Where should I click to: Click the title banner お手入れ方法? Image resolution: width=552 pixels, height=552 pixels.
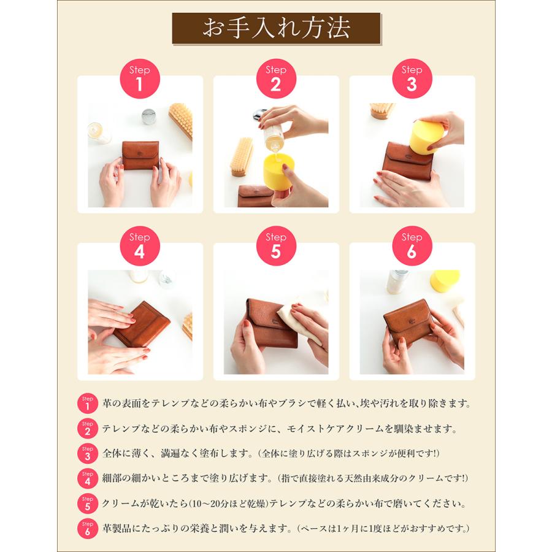(x=276, y=29)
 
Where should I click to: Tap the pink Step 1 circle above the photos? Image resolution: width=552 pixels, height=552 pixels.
(x=139, y=79)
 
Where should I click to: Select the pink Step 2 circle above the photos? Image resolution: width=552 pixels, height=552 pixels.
(x=275, y=79)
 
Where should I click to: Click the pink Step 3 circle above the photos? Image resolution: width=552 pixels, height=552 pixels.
(x=411, y=79)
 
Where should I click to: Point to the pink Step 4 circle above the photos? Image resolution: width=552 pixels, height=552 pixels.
(x=139, y=245)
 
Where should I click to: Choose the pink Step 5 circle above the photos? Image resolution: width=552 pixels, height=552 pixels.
(x=275, y=245)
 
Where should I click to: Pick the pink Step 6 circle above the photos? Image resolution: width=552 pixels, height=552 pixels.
(x=411, y=245)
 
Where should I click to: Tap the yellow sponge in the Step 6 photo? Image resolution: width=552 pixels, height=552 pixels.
(x=445, y=280)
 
